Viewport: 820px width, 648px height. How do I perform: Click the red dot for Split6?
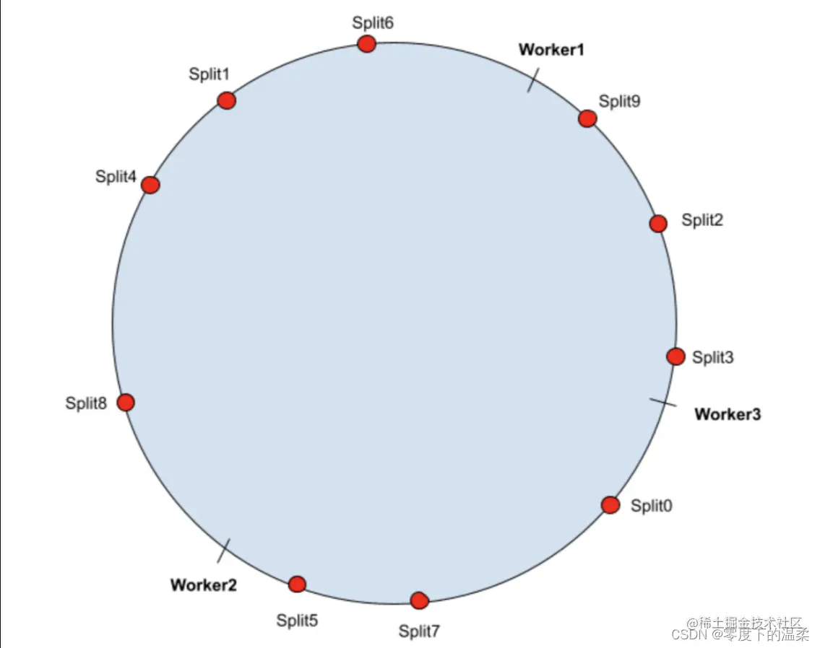[x=367, y=44]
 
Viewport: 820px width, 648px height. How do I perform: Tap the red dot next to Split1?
[x=227, y=100]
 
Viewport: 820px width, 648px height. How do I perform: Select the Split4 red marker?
[x=150, y=185]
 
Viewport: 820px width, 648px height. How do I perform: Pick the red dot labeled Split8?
[x=126, y=403]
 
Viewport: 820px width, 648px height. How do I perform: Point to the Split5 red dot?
[x=297, y=584]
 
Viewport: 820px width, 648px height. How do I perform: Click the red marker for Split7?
[x=419, y=600]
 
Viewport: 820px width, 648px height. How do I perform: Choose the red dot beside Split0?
[x=610, y=505]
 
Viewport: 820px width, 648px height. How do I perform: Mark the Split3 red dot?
[x=676, y=356]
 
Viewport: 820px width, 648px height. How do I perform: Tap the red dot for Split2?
[x=657, y=224]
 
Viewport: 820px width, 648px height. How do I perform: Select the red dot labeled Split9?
[x=587, y=118]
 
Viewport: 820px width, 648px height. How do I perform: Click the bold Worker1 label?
[x=551, y=50]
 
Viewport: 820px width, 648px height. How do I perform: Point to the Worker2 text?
[x=203, y=584]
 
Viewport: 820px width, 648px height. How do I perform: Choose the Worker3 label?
[x=728, y=414]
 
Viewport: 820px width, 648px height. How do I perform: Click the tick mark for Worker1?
[x=532, y=81]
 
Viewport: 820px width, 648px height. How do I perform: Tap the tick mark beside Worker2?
[x=224, y=551]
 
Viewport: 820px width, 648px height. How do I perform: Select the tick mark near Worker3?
[x=663, y=402]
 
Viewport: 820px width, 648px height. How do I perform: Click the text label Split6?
[x=373, y=22]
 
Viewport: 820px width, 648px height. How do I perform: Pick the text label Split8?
[x=86, y=403]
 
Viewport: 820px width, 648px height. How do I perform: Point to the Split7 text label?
[x=419, y=631]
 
